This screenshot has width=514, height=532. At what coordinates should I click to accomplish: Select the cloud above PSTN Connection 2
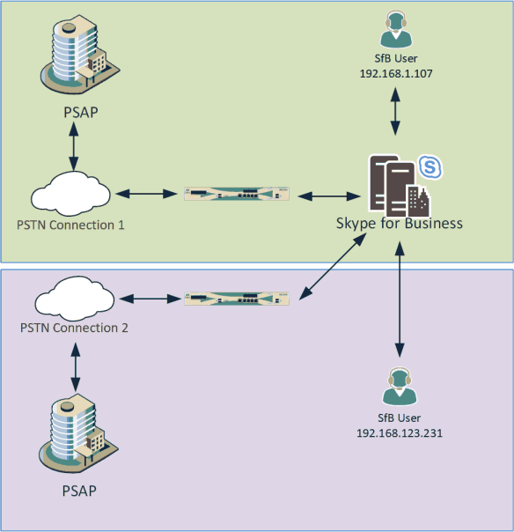[x=74, y=297]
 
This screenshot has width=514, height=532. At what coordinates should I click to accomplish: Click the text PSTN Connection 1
[x=70, y=225]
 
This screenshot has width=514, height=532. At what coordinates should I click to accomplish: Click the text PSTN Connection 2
[x=74, y=328]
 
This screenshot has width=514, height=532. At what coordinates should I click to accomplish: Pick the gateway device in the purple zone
[x=237, y=298]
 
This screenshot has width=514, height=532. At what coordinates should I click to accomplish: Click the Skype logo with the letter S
[x=430, y=166]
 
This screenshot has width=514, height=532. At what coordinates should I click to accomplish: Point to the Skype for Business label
[x=399, y=223]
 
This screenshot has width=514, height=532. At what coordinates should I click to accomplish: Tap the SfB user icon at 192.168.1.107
[x=395, y=30]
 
